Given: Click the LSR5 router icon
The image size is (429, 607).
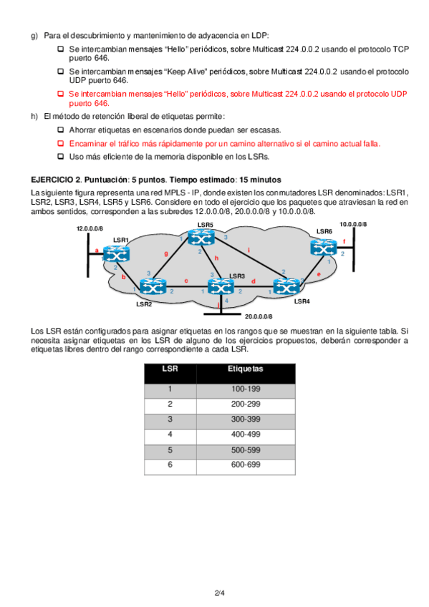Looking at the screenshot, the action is point(201,238).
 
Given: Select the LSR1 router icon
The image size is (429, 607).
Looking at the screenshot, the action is point(116,253).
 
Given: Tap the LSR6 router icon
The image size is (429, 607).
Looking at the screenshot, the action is point(324,248).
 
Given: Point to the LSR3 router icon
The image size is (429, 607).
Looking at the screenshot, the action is point(221,287).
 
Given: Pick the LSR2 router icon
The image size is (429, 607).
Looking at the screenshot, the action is point(153,287).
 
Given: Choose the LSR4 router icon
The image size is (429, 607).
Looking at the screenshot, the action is point(286,287).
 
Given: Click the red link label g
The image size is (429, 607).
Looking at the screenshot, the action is point(166,253).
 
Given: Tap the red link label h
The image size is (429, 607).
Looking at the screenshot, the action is point(217,258).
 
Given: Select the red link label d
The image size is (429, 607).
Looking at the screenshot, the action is point(254,281).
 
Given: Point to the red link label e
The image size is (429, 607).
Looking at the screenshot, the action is point(319,274).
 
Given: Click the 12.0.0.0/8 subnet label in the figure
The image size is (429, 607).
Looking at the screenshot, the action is point(90,228).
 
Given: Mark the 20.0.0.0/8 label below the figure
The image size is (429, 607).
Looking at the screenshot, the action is point(259,316).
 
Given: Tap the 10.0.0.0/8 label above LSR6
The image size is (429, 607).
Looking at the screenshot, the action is point(353,224).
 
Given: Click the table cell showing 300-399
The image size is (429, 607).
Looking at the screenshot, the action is point(246,419).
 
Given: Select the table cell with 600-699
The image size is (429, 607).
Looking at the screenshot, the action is point(246,465).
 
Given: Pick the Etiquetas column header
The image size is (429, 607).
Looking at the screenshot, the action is point(246,369).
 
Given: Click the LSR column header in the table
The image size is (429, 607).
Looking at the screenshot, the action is point(170,369).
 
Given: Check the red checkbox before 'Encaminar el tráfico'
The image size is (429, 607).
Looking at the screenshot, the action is point(60,143).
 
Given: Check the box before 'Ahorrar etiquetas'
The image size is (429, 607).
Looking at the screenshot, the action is point(60,130).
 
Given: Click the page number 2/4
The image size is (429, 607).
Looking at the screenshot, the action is point(220,593).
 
